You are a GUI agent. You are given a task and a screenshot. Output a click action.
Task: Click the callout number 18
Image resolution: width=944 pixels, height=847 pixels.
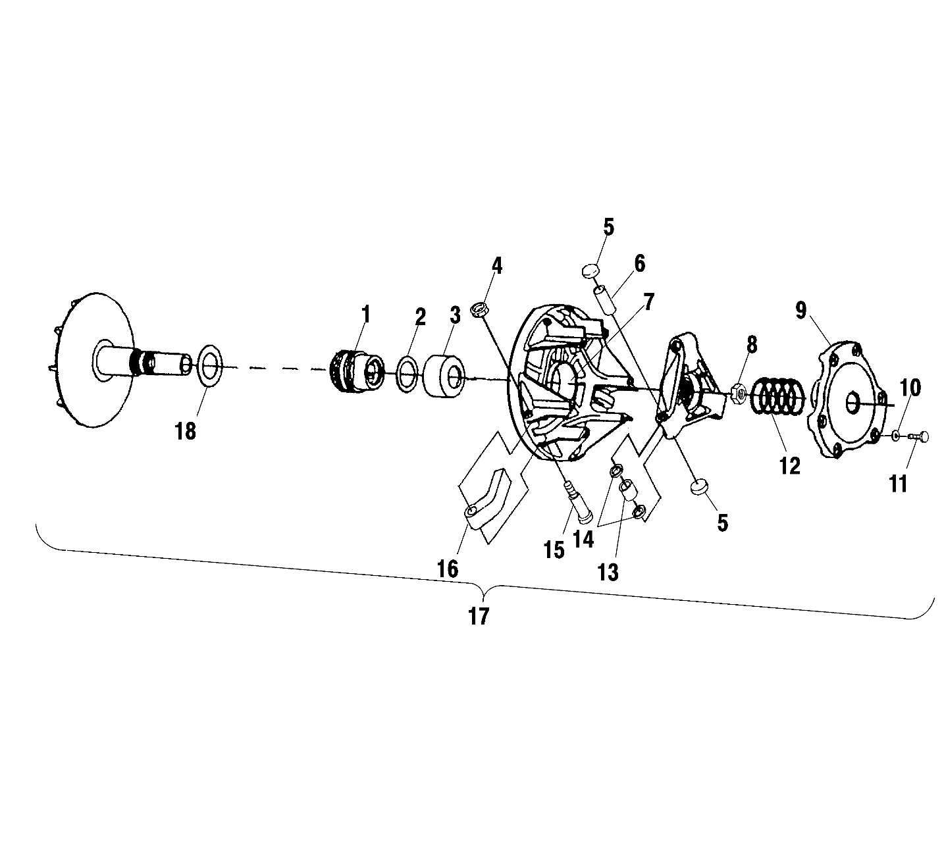pos(186,431)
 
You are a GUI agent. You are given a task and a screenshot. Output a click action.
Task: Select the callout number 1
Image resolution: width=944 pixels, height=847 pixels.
pos(366,315)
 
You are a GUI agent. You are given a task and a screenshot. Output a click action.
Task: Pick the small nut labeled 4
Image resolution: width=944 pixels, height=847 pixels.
pos(479,308)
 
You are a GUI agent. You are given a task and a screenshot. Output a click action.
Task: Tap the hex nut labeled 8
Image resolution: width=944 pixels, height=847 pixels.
pos(739,394)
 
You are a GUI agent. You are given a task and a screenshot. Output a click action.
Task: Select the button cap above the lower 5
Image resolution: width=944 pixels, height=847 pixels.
pos(699,487)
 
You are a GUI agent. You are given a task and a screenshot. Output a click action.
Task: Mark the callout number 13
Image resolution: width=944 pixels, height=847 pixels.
pos(608,573)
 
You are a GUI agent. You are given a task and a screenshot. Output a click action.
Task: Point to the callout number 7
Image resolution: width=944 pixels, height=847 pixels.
pos(648,303)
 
